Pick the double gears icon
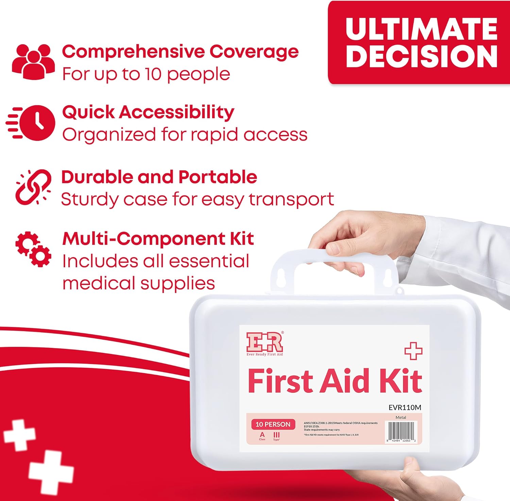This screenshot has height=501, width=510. [x=33, y=249]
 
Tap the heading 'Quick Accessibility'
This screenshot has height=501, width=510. [x=148, y=112]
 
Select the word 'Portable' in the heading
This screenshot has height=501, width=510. [x=218, y=177]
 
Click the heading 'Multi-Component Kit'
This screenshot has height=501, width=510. [x=158, y=238]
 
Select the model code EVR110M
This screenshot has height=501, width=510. [x=405, y=407]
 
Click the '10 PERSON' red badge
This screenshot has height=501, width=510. [x=273, y=424]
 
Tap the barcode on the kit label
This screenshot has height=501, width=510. [x=401, y=430]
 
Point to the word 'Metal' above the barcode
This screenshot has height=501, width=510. [x=401, y=417]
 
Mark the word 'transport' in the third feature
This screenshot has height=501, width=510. [x=291, y=199]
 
